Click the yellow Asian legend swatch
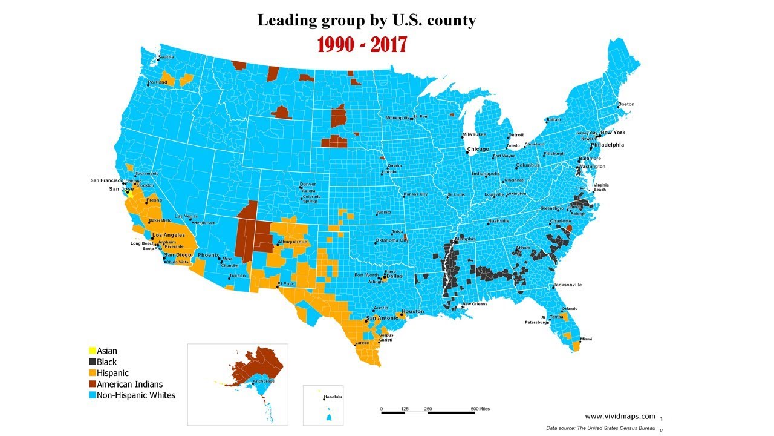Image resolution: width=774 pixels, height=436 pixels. coord(93,351)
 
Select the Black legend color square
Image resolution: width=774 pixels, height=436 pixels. coord(93,362)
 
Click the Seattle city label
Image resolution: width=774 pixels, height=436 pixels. coord(166,57)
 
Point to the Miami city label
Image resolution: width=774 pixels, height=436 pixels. coord(586,339)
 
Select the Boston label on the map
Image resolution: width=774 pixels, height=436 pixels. coord(626,104)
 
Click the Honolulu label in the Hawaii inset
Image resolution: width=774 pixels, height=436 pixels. coord(333,397)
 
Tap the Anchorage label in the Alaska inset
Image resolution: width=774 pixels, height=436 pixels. coord(263,381)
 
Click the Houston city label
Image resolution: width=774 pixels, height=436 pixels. coord(413,312)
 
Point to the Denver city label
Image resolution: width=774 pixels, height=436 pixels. coord(308,184)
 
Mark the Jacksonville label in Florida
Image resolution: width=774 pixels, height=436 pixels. coord(568,285)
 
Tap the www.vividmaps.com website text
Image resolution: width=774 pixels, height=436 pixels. coord(620,416)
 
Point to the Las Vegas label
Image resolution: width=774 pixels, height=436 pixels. coord(186,216)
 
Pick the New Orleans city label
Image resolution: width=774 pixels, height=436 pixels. coord(475,304)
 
